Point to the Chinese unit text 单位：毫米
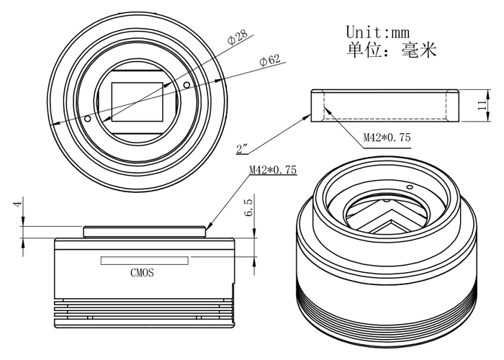[x=391, y=52]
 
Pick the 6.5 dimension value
[x=248, y=214]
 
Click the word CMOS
[x=143, y=273]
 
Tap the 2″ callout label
[x=243, y=150]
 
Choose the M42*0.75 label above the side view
[x=273, y=171]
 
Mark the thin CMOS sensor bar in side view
[x=144, y=260]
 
